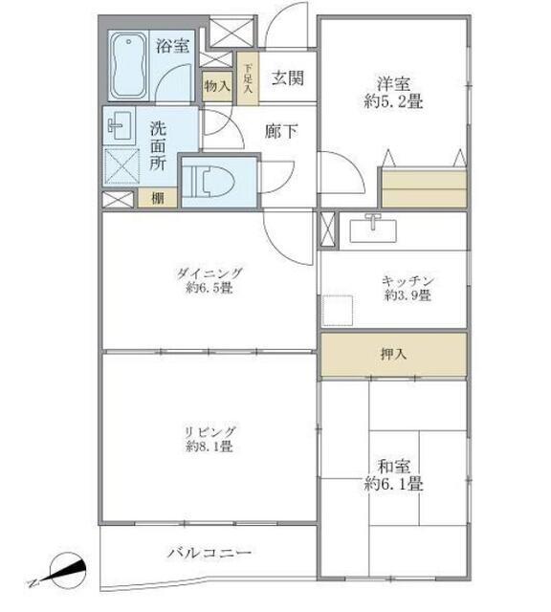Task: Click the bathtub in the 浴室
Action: tap(128, 66)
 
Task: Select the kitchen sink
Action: tap(373, 229)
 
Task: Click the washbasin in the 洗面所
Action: tap(120, 125)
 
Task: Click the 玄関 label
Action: tap(287, 78)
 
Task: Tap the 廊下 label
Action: tap(281, 131)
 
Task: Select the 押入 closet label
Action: tap(393, 354)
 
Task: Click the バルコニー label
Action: tap(209, 553)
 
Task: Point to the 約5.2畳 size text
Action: tap(393, 102)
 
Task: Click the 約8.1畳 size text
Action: tap(209, 446)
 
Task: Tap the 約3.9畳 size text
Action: tap(408, 295)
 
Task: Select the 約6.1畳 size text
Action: tap(393, 484)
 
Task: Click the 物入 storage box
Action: tap(217, 86)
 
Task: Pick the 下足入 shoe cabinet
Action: tap(248, 78)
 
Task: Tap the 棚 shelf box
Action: tap(158, 198)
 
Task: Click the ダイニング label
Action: tap(209, 273)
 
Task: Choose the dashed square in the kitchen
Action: tap(338, 311)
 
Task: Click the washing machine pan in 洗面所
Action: tap(122, 165)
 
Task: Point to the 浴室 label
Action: tap(172, 46)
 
